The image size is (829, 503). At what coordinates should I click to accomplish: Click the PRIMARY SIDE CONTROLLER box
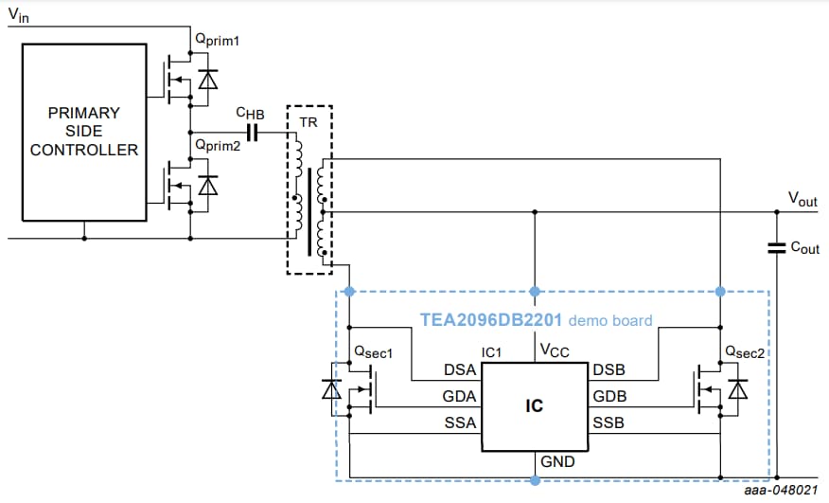pos(84,132)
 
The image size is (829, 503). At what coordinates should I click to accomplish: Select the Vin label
pos(19,14)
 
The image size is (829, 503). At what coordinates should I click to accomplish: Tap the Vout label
pos(803,199)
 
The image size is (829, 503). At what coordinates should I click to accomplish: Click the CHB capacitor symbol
pos(252,133)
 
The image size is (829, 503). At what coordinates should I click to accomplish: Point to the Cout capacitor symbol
pos(776,248)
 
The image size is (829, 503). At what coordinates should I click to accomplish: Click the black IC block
pos(534,405)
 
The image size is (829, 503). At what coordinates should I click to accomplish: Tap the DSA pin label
pos(460,369)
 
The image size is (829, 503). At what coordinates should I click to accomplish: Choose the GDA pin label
pos(460,396)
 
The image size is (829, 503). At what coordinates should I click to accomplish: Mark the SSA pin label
pos(460,423)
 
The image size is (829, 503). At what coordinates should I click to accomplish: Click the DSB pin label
pos(609,369)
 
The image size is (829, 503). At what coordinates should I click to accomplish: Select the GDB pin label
pos(609,396)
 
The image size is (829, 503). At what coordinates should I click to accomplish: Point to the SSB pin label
pos(609,423)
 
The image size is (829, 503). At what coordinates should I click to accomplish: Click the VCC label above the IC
pos(554,350)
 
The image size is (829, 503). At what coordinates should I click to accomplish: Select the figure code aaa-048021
pos(782,491)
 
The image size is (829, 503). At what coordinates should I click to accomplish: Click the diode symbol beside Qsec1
pos(331,388)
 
